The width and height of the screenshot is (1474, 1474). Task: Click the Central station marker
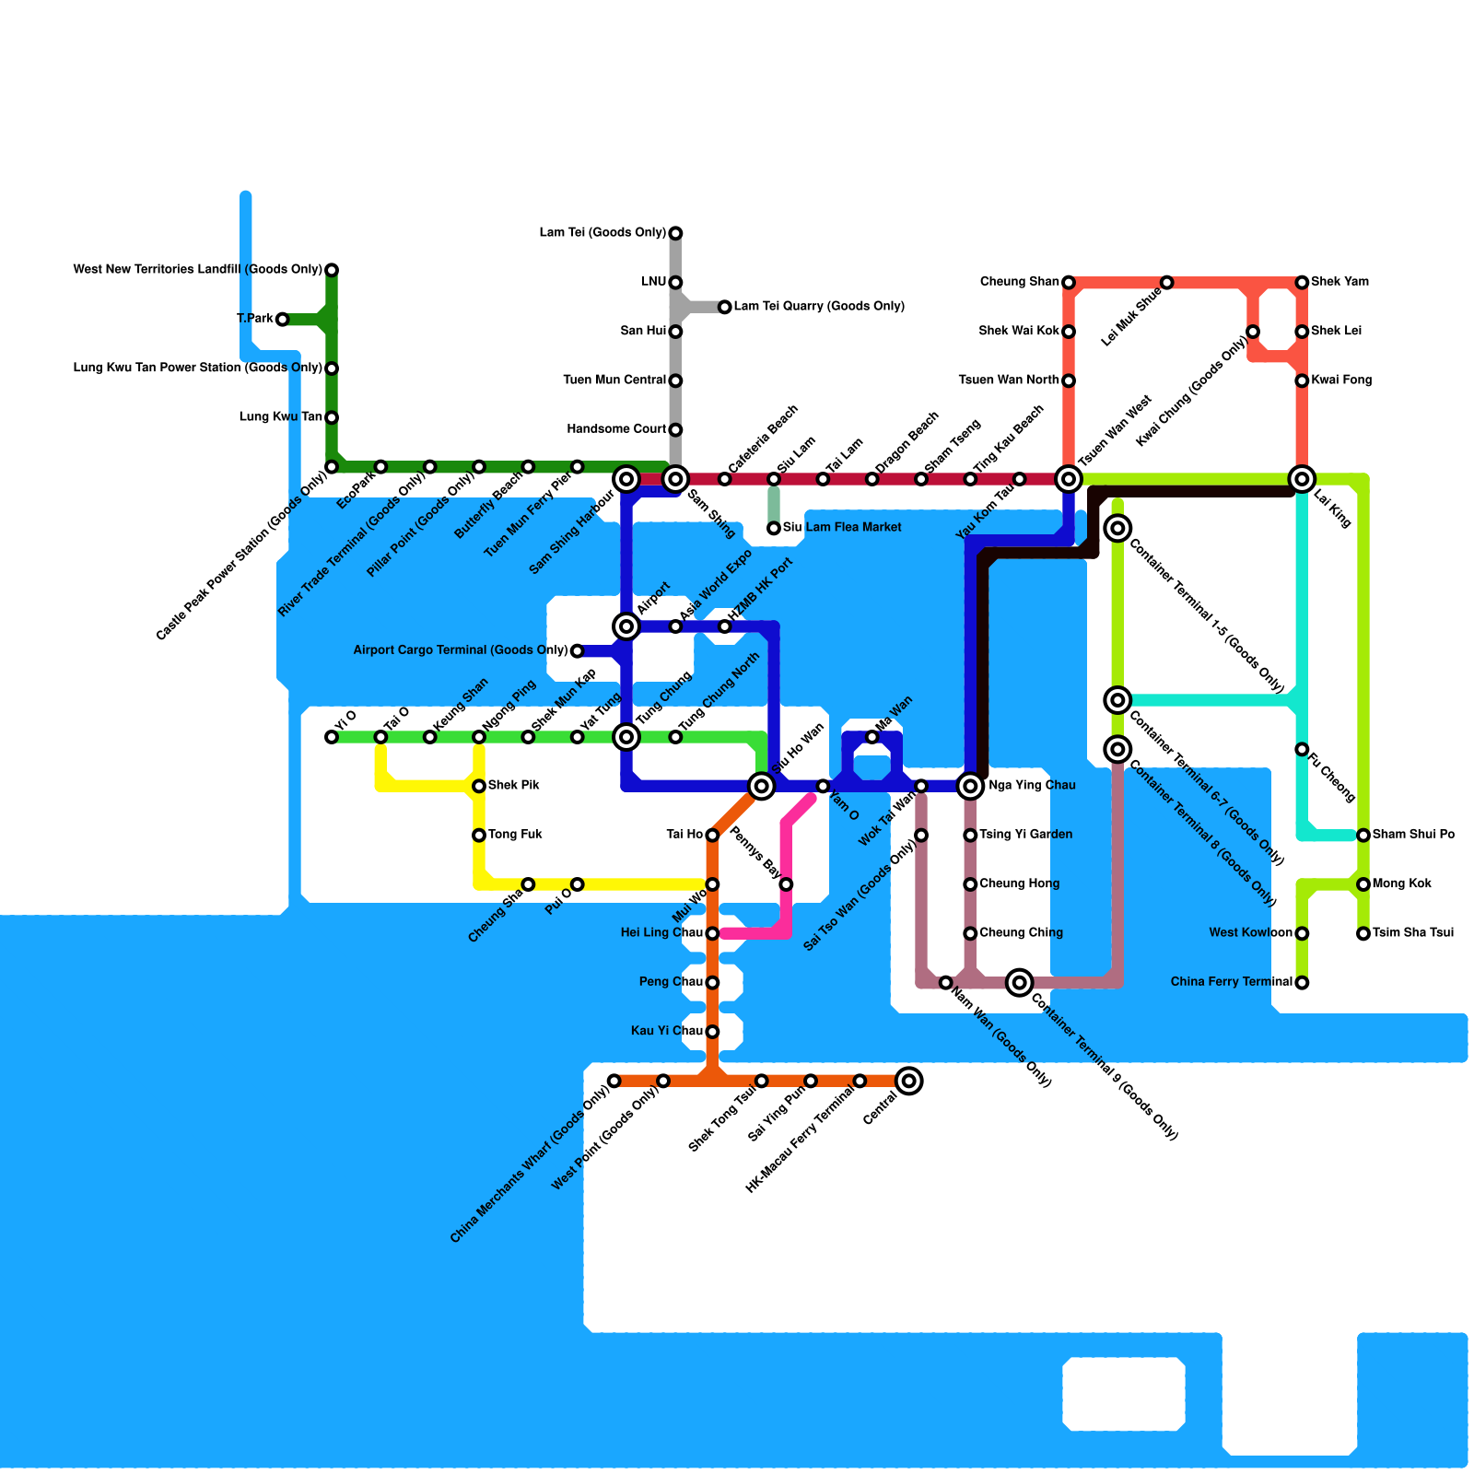point(909,1081)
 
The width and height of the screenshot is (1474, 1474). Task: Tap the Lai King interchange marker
point(1302,478)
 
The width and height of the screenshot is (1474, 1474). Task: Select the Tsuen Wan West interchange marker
point(1069,478)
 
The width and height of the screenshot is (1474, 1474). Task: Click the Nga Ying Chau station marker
point(970,786)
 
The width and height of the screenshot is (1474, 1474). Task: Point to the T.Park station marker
point(283,320)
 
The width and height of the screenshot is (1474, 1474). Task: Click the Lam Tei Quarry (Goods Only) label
point(819,307)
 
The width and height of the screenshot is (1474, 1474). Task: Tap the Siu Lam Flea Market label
point(842,528)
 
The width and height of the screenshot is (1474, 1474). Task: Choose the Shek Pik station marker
point(479,786)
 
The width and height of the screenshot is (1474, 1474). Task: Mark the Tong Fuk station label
point(515,835)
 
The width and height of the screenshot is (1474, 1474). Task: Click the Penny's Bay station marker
point(786,884)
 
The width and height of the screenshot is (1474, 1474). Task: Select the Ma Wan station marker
point(872,737)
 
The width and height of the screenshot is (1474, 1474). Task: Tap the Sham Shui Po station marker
point(1363,836)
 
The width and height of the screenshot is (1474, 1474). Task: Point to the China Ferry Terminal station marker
point(1302,983)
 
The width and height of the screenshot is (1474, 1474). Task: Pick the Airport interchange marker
point(626,626)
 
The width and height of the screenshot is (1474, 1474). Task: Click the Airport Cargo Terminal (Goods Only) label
point(461,650)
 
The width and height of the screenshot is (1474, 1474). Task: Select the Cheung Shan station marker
point(1069,282)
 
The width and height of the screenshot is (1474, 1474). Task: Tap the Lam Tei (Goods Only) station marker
point(675,233)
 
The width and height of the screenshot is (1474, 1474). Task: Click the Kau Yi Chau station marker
point(712,1032)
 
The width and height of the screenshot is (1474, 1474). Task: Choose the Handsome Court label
point(616,429)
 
